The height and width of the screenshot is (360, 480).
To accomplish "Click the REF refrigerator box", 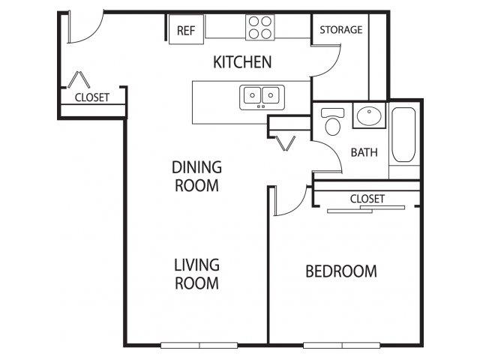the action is coord(187,29).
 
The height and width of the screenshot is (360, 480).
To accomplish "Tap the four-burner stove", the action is coord(260,27).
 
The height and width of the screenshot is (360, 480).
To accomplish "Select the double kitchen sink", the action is coord(262,97).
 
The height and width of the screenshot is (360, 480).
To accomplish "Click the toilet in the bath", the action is coord(332,121).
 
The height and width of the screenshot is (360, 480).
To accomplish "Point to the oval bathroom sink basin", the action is coord(369,115).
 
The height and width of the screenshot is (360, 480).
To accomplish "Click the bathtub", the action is coord(403,134).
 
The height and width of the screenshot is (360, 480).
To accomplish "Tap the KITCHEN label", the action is coord(242,62).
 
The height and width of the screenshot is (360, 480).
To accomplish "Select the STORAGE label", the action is coord(341,30).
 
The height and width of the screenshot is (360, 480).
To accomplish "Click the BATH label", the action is coord(364,152).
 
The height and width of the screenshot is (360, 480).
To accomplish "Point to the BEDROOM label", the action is coord(341,271).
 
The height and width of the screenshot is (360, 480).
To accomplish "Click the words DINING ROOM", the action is coord(196,176).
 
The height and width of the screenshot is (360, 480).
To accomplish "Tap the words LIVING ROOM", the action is coord(196,274).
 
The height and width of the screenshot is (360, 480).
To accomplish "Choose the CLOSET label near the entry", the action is coord(91,97).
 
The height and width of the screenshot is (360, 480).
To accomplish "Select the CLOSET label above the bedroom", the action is coord(367,199).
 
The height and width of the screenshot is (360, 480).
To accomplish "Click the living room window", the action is coord(199,345).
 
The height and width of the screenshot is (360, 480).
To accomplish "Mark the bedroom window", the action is coord(342,345).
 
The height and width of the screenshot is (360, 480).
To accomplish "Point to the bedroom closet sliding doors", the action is coord(366,209).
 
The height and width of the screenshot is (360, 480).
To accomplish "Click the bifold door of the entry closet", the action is coord(79,79).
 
